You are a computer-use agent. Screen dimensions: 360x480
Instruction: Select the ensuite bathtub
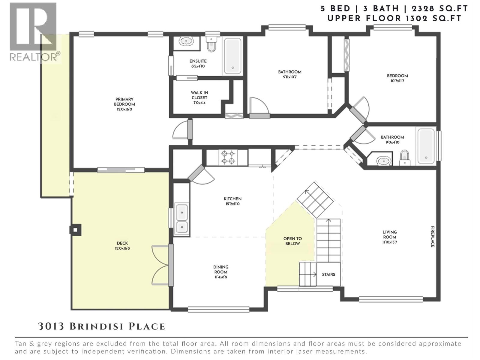233,56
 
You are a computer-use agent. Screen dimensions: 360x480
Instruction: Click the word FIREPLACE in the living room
433,237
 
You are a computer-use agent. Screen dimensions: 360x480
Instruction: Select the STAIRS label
328,274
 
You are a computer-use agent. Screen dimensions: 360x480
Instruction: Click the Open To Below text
292,241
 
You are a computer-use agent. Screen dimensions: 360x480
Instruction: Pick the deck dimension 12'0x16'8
122,248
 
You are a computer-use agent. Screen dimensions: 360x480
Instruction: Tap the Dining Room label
221,269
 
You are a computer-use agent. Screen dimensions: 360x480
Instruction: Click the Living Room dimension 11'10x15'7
389,242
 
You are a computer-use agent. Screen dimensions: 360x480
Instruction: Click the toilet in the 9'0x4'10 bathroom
405,157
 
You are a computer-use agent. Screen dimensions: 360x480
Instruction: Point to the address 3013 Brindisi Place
101,326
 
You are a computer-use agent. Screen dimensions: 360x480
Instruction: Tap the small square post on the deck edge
75,230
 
